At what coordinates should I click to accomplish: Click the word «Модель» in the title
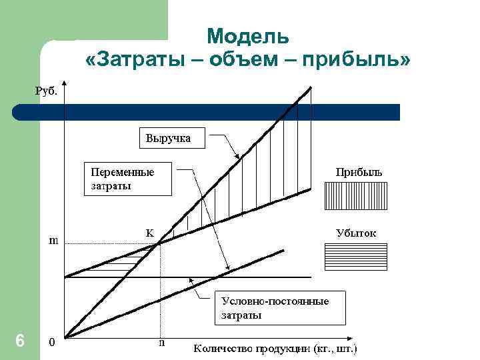point(248,36)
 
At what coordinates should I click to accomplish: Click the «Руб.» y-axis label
point(46,91)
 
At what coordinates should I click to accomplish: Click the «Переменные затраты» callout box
point(127,179)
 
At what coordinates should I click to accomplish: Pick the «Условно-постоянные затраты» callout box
point(281,308)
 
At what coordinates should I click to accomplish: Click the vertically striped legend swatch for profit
point(355,197)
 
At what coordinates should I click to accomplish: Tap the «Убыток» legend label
point(356,233)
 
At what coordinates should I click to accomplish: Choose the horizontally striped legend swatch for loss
point(355,257)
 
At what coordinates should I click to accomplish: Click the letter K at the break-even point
point(150,233)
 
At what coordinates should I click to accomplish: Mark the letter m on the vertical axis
point(53,240)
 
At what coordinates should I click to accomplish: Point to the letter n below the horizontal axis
point(161,343)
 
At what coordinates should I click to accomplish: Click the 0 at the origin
point(52,343)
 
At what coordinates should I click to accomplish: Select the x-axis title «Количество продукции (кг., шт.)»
point(275,347)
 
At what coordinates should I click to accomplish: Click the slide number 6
point(20,341)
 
